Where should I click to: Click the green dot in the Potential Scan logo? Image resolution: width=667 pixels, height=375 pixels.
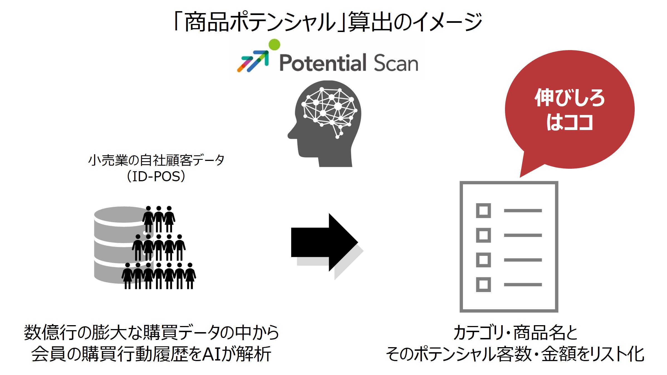(x=274, y=44)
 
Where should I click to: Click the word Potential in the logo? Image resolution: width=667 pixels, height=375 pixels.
(x=323, y=63)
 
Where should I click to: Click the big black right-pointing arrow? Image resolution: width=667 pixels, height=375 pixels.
(x=324, y=242)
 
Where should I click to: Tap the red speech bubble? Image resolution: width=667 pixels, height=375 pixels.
(x=570, y=109)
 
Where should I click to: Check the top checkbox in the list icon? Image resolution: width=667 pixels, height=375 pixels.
(x=483, y=211)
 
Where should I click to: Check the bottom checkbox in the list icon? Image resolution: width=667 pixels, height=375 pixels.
(x=483, y=285)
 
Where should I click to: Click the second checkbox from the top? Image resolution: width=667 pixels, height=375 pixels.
(x=483, y=235)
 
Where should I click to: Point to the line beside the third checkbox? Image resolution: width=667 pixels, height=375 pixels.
(x=523, y=260)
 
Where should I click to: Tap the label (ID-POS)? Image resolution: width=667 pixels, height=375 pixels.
(x=156, y=176)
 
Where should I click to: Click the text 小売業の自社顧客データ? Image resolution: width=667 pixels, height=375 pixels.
(x=156, y=160)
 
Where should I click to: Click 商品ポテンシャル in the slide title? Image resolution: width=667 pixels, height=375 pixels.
(x=261, y=22)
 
